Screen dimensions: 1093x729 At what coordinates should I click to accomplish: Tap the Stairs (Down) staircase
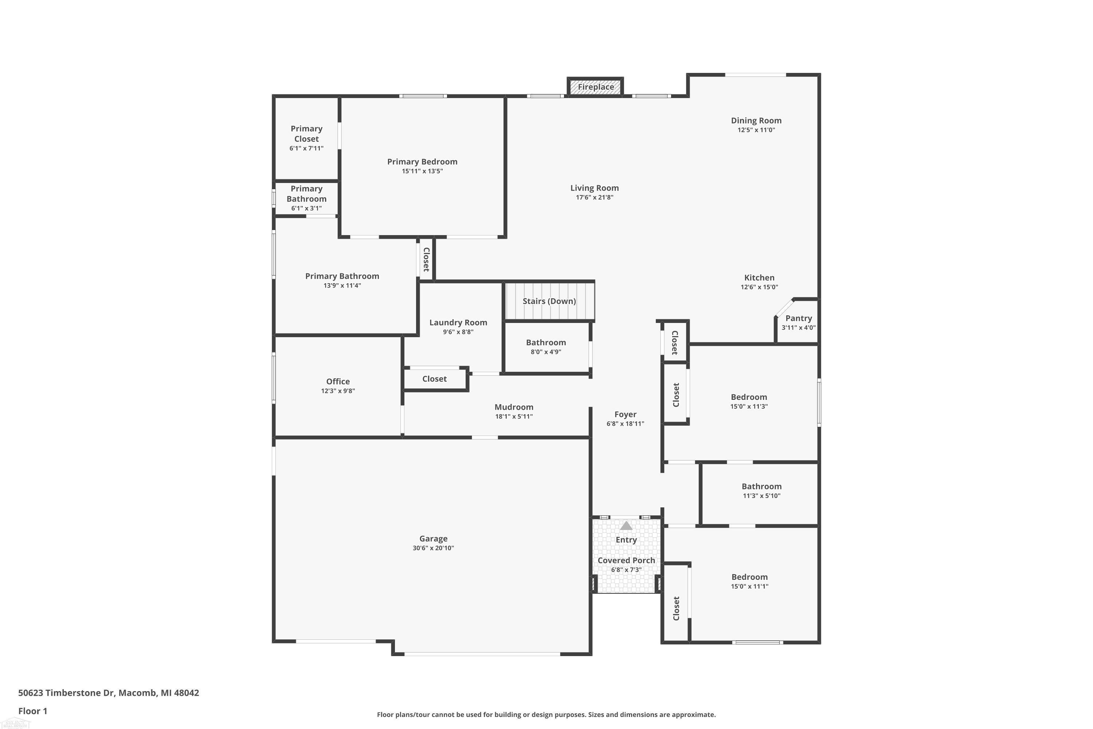[x=549, y=301]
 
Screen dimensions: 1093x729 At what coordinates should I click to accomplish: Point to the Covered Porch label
[x=626, y=560]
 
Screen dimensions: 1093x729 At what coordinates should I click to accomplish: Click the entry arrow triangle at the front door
[x=626, y=526]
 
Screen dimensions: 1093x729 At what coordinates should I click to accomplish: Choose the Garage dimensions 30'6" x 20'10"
[x=433, y=548]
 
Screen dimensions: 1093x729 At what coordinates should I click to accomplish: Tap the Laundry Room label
[x=458, y=323]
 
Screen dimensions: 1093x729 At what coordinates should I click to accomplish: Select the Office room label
[x=338, y=382]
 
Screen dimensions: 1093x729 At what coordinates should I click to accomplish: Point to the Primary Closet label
[x=306, y=134]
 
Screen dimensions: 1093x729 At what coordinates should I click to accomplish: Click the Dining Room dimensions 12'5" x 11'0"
[x=756, y=130]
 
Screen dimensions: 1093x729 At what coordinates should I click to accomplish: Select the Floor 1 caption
[x=32, y=711]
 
